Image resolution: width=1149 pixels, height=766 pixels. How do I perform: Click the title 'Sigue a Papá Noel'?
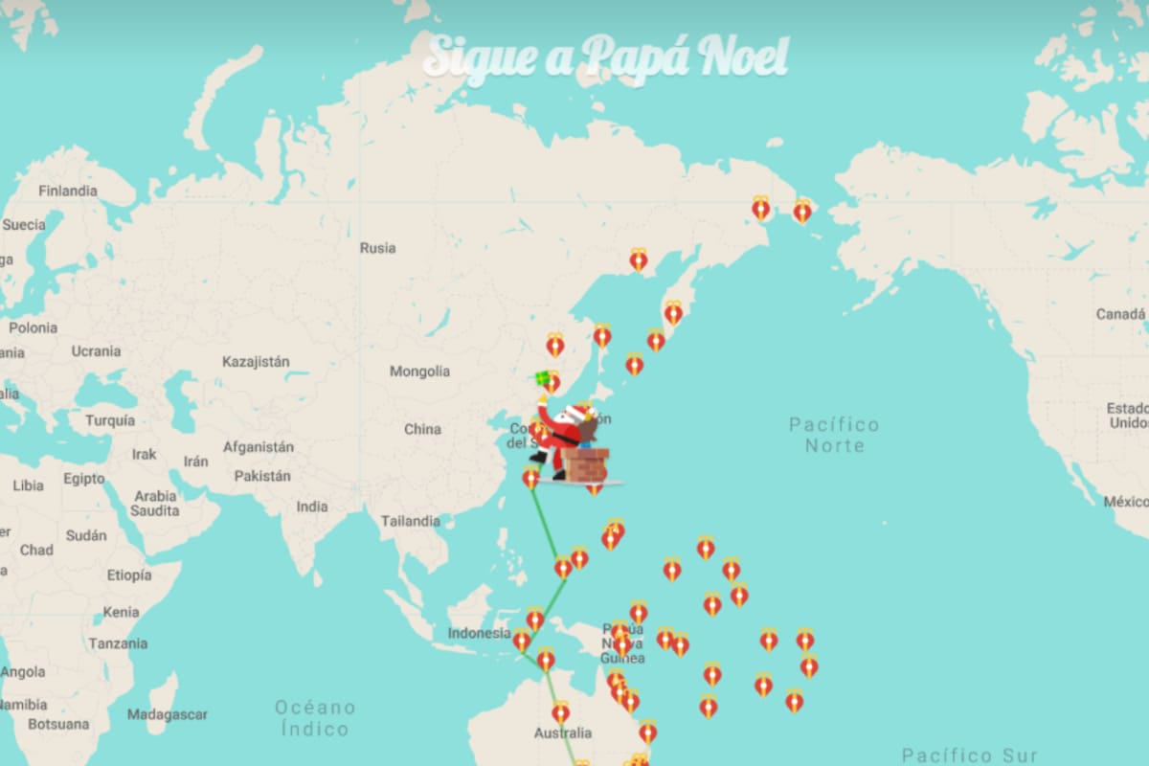click(x=605, y=57)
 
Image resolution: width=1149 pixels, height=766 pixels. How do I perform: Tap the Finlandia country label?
click(x=68, y=191)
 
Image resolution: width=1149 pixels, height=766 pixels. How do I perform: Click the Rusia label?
click(x=377, y=248)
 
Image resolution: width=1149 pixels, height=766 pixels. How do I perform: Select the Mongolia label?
click(x=419, y=372)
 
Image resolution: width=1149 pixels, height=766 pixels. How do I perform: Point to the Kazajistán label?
click(x=256, y=362)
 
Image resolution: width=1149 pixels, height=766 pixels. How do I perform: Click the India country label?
click(x=311, y=507)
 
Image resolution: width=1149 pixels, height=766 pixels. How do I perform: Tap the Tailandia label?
click(x=410, y=521)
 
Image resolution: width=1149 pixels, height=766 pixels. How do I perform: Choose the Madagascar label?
click(x=167, y=714)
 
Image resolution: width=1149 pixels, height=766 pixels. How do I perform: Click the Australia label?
click(x=562, y=733)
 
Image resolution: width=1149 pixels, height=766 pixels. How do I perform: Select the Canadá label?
click(x=1119, y=314)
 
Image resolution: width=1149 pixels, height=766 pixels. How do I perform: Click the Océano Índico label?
click(x=314, y=718)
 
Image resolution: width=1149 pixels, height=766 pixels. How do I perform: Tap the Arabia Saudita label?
click(x=155, y=504)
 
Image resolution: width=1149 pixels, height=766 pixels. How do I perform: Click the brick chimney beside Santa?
click(x=585, y=464)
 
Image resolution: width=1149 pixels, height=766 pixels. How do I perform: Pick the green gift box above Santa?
click(x=543, y=378)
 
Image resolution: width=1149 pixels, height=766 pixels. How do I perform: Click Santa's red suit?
click(x=560, y=436)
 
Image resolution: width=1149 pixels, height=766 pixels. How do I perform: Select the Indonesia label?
click(x=479, y=633)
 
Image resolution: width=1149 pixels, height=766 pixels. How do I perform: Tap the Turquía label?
click(x=109, y=420)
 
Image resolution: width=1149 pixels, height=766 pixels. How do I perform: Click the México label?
click(x=1125, y=502)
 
